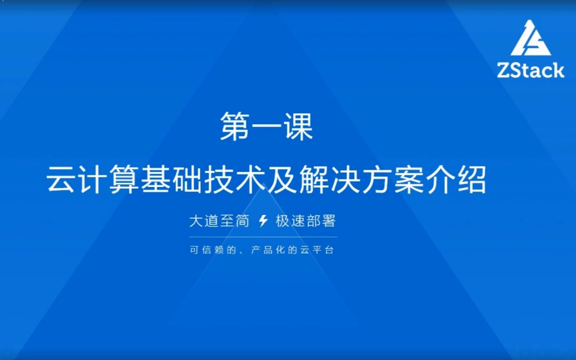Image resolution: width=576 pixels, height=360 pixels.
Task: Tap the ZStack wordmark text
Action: [x=531, y=70]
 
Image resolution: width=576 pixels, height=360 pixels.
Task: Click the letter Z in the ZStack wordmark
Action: [x=505, y=70]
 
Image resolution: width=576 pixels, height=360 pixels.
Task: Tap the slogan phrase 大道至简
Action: [x=219, y=221]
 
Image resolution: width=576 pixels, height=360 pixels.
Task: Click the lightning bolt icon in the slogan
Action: [x=263, y=221]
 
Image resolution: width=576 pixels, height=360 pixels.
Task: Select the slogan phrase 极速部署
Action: [x=306, y=221]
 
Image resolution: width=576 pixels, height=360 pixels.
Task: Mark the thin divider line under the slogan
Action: [x=263, y=237]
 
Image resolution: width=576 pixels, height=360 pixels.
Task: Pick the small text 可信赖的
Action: [x=213, y=250]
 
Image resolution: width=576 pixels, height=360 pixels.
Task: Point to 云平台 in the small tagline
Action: [x=317, y=250]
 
